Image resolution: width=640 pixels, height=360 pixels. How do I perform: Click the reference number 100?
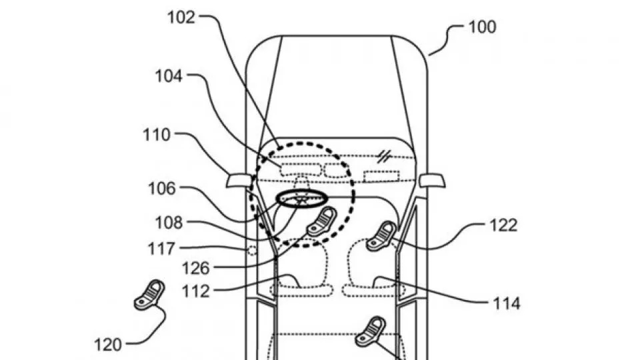[482, 27]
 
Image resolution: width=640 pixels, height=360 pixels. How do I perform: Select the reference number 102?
[181, 17]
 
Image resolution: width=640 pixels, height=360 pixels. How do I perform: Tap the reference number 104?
[169, 76]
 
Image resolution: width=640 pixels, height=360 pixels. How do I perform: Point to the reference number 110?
[156, 135]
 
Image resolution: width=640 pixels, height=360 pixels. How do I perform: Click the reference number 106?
[161, 189]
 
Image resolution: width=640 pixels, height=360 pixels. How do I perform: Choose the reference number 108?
[169, 223]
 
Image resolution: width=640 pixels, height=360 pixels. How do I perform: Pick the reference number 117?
[161, 249]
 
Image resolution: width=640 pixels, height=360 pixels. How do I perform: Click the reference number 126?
[195, 269]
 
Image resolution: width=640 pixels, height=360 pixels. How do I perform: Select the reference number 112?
[196, 291]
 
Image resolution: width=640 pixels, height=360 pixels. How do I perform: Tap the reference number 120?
[108, 345]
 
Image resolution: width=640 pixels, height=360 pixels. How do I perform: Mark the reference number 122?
[503, 225]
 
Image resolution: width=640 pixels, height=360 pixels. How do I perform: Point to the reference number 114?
[507, 304]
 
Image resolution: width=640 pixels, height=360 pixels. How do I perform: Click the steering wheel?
[303, 199]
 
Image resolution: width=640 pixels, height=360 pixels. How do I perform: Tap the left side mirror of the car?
[239, 181]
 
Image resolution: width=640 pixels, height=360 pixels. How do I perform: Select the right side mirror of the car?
[432, 181]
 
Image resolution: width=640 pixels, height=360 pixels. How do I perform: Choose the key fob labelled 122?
[381, 236]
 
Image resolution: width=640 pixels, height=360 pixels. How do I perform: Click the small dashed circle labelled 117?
[252, 250]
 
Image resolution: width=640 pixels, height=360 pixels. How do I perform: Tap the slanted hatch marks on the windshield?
[384, 156]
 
